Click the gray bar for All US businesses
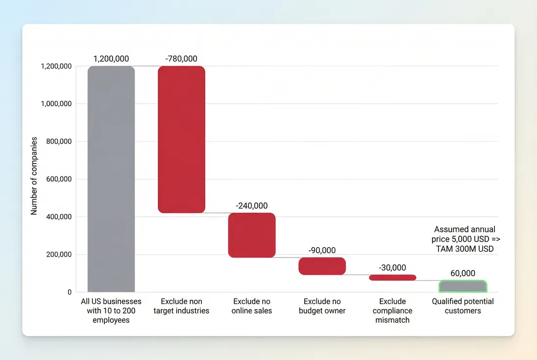(x=111, y=179)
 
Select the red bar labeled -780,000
(x=181, y=139)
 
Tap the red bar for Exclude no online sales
(x=252, y=235)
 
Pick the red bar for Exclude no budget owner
(x=322, y=266)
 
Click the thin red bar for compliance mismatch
(x=392, y=277)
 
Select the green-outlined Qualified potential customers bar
(x=463, y=286)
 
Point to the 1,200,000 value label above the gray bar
(x=111, y=59)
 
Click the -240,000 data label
(x=252, y=206)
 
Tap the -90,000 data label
(x=322, y=250)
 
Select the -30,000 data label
(x=392, y=267)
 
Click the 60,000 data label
(x=463, y=273)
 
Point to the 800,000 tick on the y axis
(x=58, y=142)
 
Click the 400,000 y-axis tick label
(x=58, y=217)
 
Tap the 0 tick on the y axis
(x=70, y=292)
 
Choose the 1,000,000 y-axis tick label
(x=55, y=104)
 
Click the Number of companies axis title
(x=34, y=176)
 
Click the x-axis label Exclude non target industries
(x=181, y=306)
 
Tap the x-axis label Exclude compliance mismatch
(x=392, y=311)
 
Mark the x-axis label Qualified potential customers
(x=463, y=306)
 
